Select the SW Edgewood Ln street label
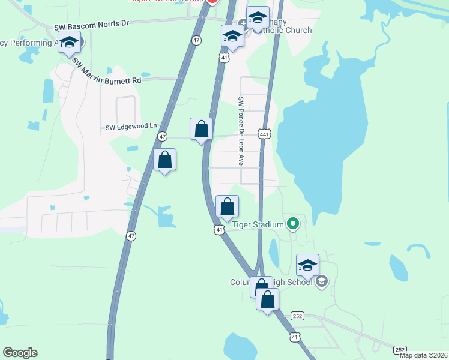click(x=130, y=127)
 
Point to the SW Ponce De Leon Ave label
click(x=241, y=131)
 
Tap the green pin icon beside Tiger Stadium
click(x=293, y=224)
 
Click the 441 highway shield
click(x=264, y=134)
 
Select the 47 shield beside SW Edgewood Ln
click(x=163, y=137)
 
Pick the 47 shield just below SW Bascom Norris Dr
click(x=196, y=40)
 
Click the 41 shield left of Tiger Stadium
click(x=220, y=229)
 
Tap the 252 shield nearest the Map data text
click(x=400, y=349)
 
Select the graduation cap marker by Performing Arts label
click(x=70, y=43)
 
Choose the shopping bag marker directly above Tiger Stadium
click(x=227, y=207)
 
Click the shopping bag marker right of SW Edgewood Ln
click(x=201, y=129)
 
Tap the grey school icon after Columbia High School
click(x=321, y=281)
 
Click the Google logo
click(x=20, y=353)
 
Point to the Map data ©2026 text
click(x=424, y=355)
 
